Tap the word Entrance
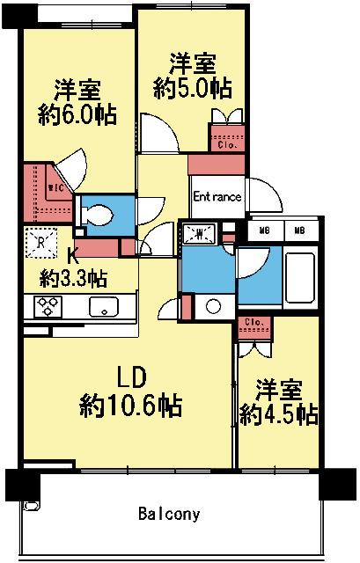click(x=217, y=197)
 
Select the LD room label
click(x=131, y=377)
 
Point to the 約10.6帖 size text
click(x=131, y=406)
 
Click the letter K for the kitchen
click(x=74, y=257)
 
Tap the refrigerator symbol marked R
click(x=40, y=240)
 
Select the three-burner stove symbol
click(x=46, y=306)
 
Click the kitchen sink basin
click(x=103, y=307)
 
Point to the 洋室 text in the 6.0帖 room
click(x=79, y=91)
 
